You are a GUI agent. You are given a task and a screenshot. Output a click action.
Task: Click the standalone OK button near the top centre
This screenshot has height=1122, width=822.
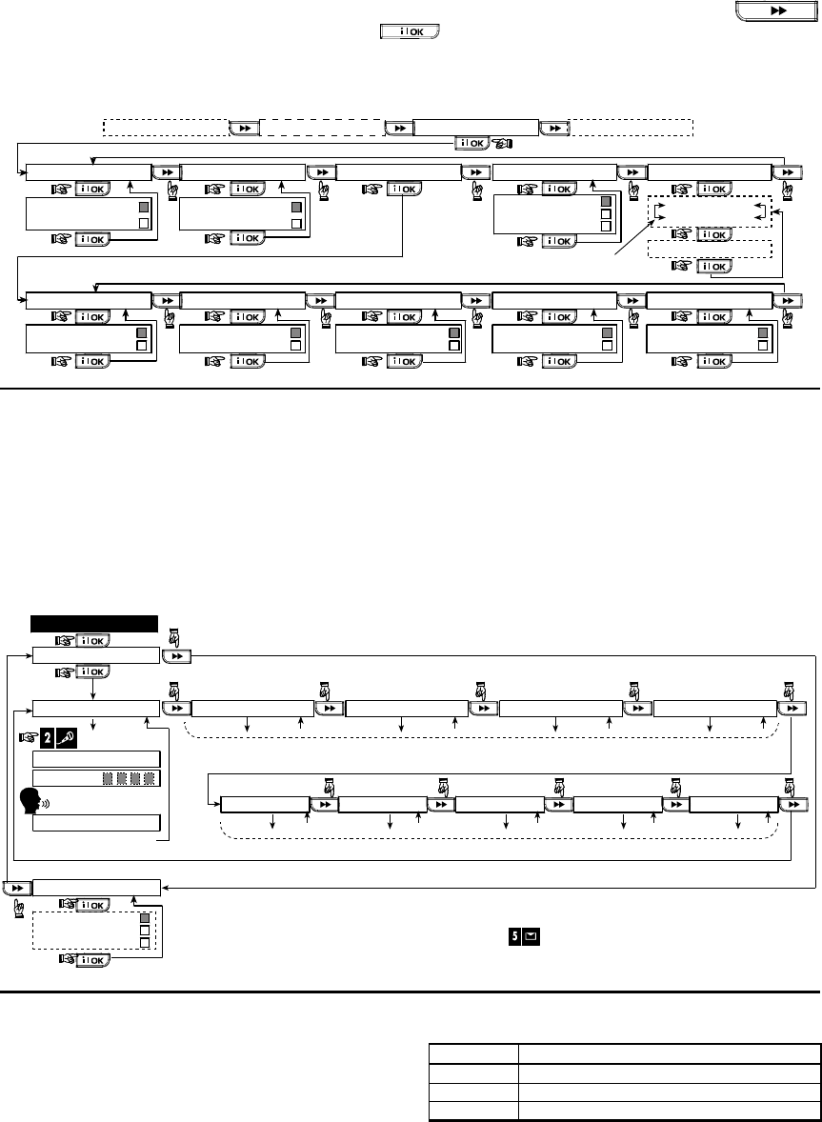tap(410, 32)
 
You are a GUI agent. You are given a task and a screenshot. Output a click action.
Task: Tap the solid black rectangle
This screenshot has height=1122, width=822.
tap(94, 623)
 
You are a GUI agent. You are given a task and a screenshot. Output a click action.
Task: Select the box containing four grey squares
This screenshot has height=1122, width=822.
tap(96, 778)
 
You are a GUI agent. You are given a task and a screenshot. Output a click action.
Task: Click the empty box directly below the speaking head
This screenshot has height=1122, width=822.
tap(96, 822)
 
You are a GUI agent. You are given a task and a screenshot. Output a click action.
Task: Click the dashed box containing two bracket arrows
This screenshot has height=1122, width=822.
tap(709, 210)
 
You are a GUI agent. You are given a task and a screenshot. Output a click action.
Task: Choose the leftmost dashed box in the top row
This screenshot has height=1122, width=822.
tap(165, 128)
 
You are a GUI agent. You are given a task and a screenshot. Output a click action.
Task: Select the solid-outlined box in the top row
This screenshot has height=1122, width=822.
tap(475, 128)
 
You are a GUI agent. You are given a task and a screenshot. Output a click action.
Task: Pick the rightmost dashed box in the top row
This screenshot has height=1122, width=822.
tap(631, 128)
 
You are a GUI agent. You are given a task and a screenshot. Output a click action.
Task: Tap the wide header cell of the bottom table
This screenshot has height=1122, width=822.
tap(670, 1053)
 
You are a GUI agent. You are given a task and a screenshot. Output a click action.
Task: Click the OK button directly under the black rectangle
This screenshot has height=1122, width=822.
tap(93, 640)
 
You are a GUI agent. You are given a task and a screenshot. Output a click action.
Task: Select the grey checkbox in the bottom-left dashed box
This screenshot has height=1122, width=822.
tap(145, 921)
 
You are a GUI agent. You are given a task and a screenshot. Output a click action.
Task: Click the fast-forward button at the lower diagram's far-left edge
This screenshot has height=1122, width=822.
tap(16, 887)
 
